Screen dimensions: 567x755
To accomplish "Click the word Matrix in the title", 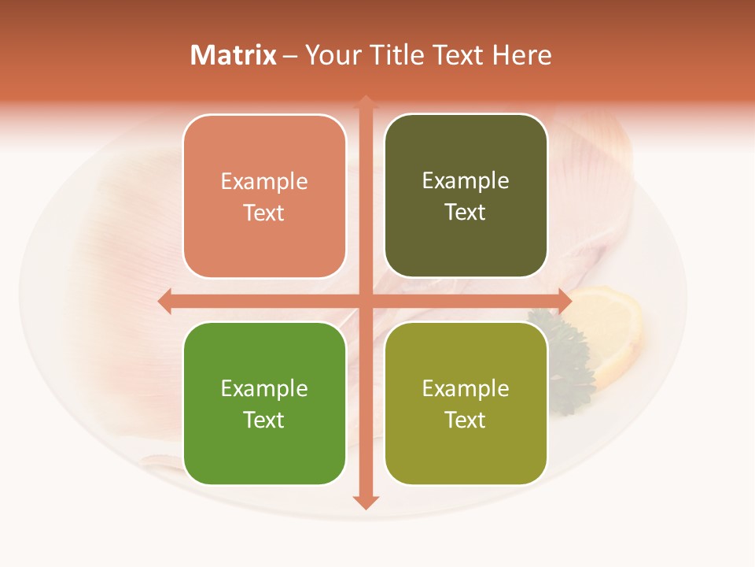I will point(233,55).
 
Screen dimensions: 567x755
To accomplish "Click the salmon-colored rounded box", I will point(264,197).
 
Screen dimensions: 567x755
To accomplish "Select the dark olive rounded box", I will point(466,196).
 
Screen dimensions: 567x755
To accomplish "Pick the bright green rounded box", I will point(264,403).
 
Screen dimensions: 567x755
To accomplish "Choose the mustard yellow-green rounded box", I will point(466,403).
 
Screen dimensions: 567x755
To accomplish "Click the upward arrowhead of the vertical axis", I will point(366,102).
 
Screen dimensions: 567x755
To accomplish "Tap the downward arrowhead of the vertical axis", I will point(366,502).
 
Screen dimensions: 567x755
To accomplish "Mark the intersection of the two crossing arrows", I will point(366,301).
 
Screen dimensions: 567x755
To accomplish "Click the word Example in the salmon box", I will point(264,182).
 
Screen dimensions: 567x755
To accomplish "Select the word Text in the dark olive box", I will point(466,213).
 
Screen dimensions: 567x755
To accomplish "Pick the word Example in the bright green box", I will point(264,388).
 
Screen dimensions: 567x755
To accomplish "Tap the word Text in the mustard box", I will point(466,420).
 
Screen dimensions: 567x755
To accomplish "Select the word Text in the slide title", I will point(457,55).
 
